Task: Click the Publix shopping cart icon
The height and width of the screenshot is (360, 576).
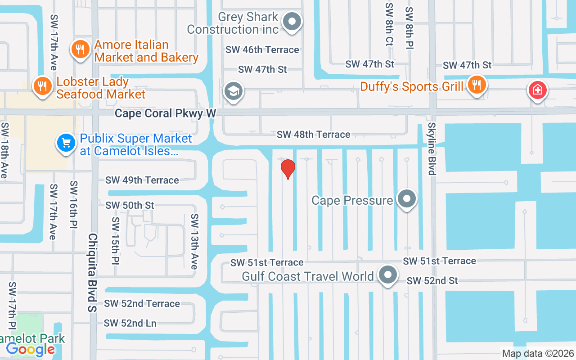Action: tap(66, 144)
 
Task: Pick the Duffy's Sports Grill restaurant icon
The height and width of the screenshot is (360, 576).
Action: tap(476, 85)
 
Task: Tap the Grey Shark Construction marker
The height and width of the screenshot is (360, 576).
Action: tap(292, 21)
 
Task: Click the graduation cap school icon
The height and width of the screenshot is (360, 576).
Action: tap(233, 91)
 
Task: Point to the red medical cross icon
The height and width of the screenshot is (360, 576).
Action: tap(537, 90)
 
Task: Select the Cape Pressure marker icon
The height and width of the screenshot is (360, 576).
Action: tap(407, 199)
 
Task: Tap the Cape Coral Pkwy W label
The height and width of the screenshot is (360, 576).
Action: tap(165, 113)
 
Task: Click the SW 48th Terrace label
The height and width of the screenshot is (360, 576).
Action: tap(313, 134)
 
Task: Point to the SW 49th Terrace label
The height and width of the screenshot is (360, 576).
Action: tap(142, 180)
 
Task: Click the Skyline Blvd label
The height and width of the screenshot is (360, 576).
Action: tap(432, 148)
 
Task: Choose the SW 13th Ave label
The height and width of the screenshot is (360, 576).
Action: tap(194, 241)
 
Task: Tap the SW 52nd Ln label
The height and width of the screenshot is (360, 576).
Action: tap(130, 323)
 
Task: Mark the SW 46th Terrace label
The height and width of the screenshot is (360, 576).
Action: tap(262, 49)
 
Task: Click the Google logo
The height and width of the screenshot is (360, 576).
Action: tap(30, 349)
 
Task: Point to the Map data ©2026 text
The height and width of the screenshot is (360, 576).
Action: tap(538, 353)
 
